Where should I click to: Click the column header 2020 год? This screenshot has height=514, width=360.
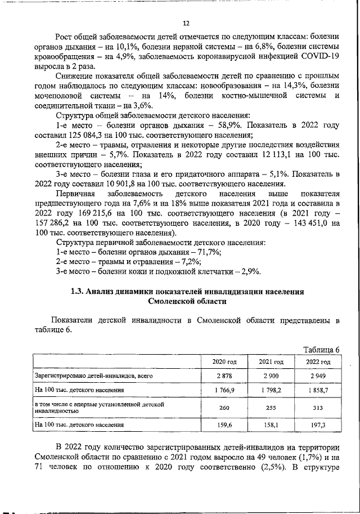tap(224, 361)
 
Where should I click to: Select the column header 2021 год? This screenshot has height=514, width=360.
tap(271, 361)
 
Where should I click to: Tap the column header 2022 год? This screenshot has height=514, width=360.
tap(317, 361)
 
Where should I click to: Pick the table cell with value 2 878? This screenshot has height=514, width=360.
tap(224, 374)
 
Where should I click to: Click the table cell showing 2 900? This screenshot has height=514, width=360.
tap(271, 374)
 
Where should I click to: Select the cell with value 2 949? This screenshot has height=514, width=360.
tap(317, 374)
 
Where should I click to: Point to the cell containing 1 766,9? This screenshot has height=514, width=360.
tap(224, 389)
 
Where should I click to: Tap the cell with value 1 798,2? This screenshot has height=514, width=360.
tap(271, 389)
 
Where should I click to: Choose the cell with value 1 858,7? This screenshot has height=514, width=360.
tap(317, 389)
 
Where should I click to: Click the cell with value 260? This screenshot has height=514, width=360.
tap(224, 408)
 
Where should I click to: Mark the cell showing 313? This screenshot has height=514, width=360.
tap(317, 408)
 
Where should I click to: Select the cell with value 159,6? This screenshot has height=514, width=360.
tap(224, 426)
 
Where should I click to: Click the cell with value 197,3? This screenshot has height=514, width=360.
tap(317, 426)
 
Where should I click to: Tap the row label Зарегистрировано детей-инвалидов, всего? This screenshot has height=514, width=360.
tap(93, 374)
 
